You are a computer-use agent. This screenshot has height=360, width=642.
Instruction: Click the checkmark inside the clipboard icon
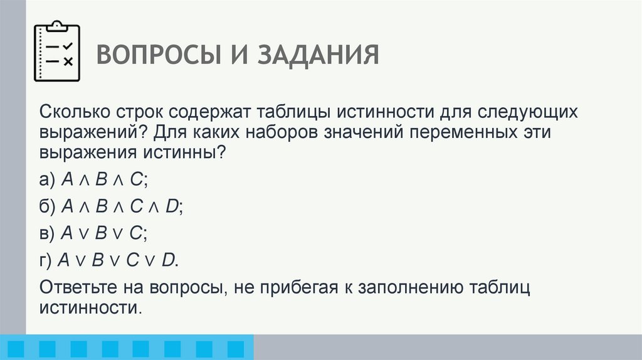pyautogui.click(x=68, y=46)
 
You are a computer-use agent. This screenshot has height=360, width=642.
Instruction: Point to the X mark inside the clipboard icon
pyautogui.click(x=68, y=61)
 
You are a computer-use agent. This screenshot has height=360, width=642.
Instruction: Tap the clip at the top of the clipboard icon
pyautogui.click(x=57, y=26)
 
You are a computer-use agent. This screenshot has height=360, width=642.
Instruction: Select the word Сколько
pyautogui.click(x=73, y=114)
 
